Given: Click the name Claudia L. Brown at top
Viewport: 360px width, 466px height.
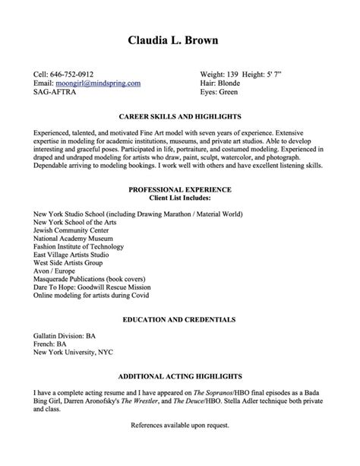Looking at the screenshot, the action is (x=180, y=40).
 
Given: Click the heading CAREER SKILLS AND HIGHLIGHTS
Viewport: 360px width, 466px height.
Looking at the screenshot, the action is (x=180, y=117).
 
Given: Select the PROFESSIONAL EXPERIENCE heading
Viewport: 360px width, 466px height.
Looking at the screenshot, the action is (x=180, y=188).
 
